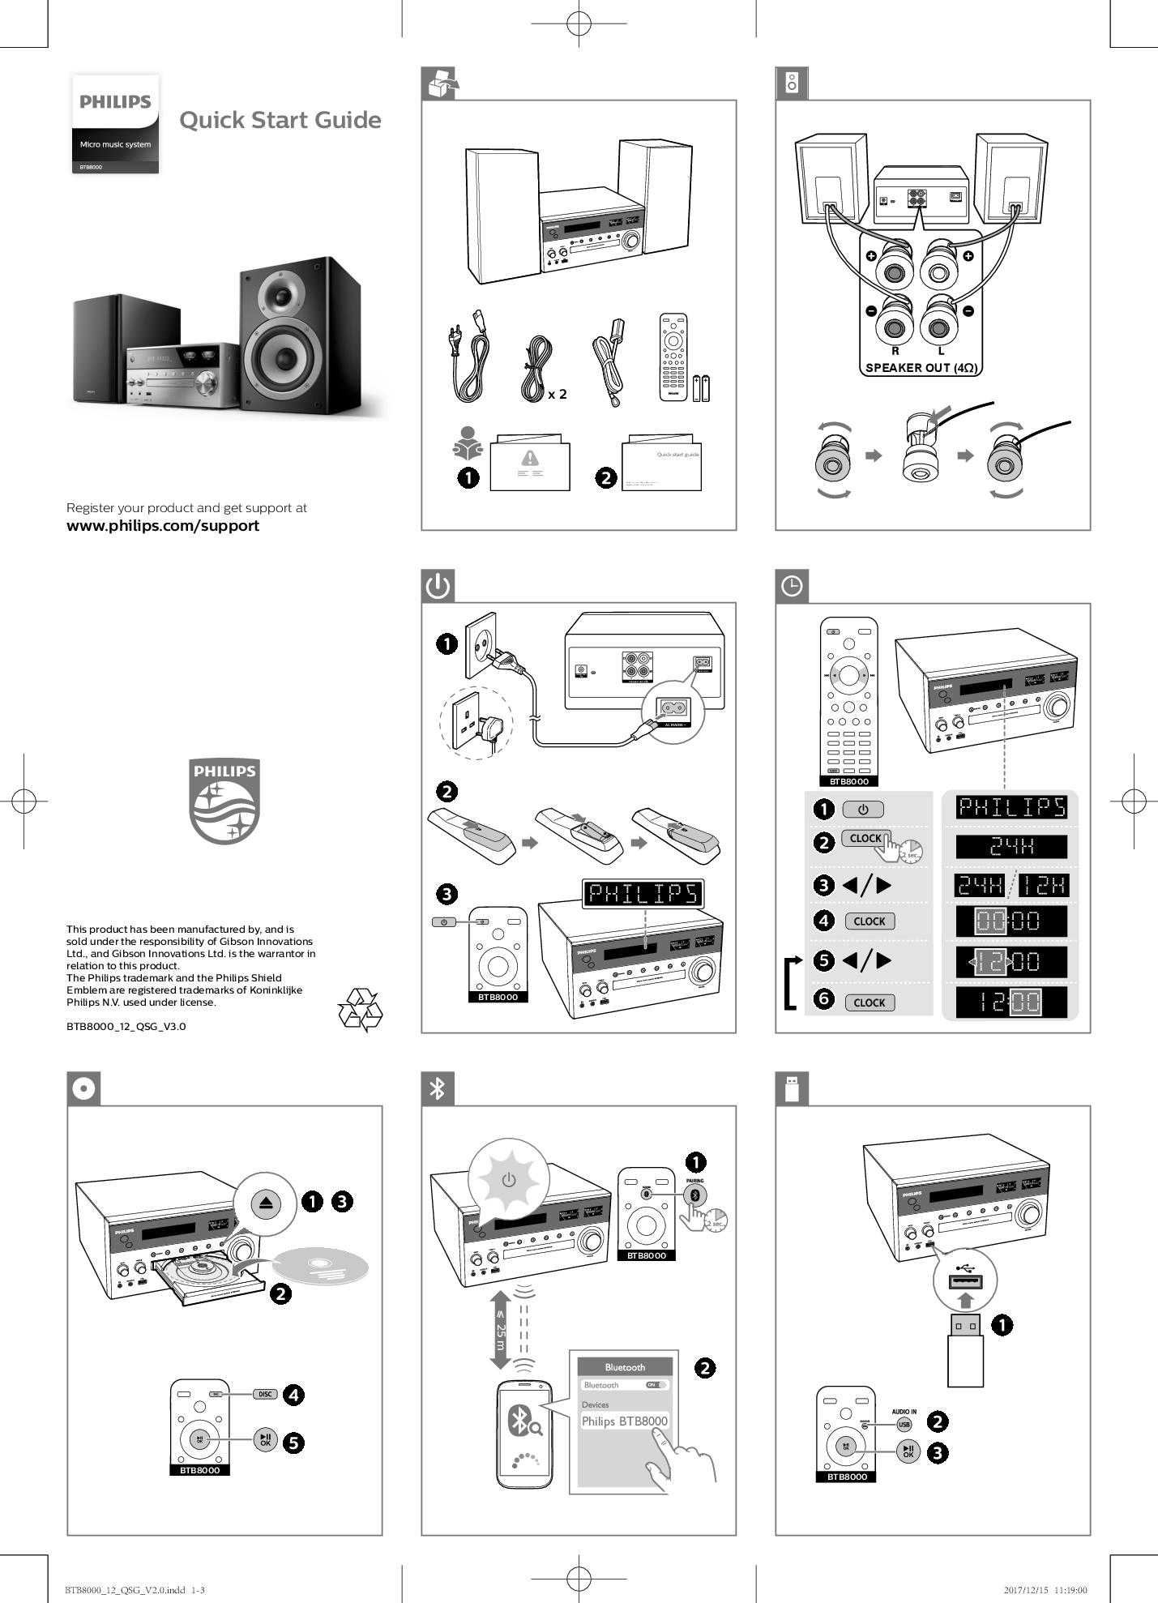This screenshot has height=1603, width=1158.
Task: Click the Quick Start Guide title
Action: pyautogui.click(x=280, y=120)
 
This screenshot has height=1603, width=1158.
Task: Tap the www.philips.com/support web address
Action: pyautogui.click(x=163, y=525)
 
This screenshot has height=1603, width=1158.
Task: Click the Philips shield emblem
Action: pyautogui.click(x=224, y=801)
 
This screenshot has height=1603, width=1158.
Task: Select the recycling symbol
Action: pyautogui.click(x=360, y=1009)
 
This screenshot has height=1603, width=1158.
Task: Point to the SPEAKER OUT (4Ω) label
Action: pyautogui.click(x=921, y=367)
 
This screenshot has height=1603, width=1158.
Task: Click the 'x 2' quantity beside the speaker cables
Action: pyautogui.click(x=557, y=395)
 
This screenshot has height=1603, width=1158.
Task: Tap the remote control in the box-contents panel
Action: pyautogui.click(x=673, y=357)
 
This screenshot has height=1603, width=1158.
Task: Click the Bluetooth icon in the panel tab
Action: pyautogui.click(x=438, y=1088)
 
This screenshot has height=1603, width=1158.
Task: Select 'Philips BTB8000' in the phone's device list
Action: pyautogui.click(x=624, y=1421)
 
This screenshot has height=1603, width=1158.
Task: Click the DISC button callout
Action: pyautogui.click(x=265, y=1394)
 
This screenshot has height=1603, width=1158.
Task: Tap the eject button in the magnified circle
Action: pyautogui.click(x=266, y=1203)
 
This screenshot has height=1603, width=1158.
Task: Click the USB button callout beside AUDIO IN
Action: pyautogui.click(x=904, y=1424)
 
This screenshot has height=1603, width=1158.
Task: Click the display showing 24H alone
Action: pyautogui.click(x=1011, y=847)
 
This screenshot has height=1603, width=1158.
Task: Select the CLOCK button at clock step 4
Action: pyautogui.click(x=869, y=921)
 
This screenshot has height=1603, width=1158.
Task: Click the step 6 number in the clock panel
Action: pyautogui.click(x=823, y=998)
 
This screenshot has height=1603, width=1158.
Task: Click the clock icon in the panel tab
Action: pyautogui.click(x=792, y=586)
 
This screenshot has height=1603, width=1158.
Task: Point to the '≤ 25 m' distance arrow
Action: pyautogui.click(x=500, y=1330)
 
